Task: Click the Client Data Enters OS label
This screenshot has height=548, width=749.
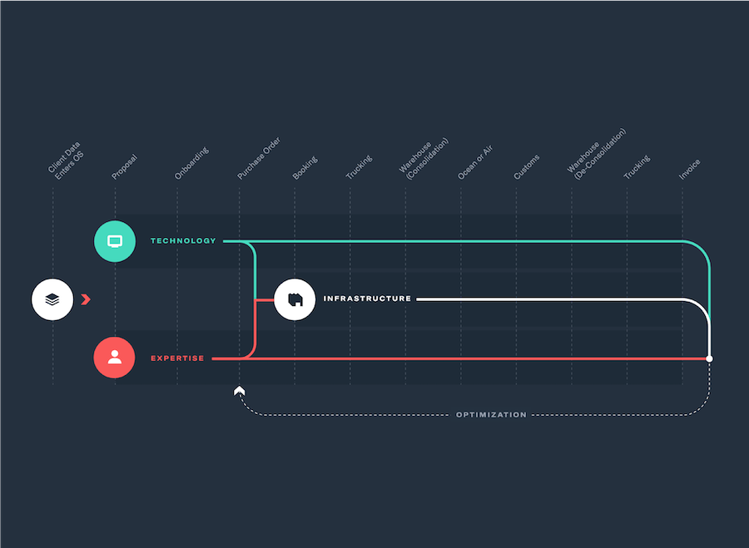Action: coord(66,161)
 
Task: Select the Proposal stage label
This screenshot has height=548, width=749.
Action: coord(124,165)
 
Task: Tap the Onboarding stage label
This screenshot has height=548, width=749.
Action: coord(191,163)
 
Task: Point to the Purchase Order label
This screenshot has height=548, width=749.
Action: coord(258,158)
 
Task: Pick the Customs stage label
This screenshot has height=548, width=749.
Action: coord(527,166)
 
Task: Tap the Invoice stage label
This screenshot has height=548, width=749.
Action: coord(690,168)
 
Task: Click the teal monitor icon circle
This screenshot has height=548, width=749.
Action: coord(115,241)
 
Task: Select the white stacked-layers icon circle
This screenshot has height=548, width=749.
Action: coord(52,299)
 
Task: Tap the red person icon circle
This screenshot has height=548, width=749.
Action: coord(115,358)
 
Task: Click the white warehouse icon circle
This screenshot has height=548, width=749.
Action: coord(295,299)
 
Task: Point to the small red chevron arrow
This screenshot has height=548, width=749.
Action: coord(85,299)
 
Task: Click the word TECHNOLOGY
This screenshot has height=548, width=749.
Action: coord(183,241)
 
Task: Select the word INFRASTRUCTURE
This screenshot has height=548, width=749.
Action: coord(367,299)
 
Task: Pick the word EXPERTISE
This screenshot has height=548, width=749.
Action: coord(177,358)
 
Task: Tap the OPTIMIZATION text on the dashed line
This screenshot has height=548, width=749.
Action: coord(491,414)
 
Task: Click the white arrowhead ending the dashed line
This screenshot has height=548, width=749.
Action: coord(240,390)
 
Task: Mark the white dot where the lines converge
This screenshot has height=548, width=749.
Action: coord(709,358)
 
